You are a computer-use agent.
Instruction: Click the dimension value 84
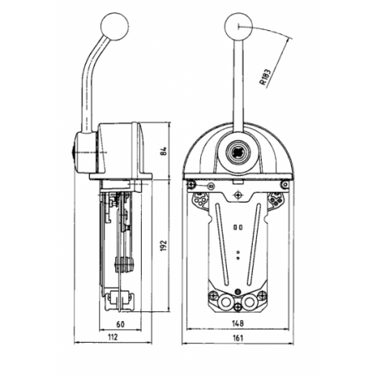(164, 150)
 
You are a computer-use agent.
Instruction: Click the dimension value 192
(164, 245)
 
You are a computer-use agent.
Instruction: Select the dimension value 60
(120, 324)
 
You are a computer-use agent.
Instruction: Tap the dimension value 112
(113, 337)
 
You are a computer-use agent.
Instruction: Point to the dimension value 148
(238, 324)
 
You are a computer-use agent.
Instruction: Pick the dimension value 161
(238, 338)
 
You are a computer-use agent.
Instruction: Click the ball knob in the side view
(115, 26)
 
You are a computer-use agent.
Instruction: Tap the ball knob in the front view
(238, 27)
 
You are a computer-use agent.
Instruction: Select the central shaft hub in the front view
(238, 152)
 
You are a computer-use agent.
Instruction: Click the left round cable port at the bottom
(224, 301)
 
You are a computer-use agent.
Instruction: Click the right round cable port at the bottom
(249, 301)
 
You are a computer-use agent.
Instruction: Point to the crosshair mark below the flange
(237, 194)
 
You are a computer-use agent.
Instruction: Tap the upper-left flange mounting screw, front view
(191, 184)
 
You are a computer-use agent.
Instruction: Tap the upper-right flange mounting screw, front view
(284, 184)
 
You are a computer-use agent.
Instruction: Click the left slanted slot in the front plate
(223, 244)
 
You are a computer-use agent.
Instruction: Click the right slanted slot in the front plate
(254, 244)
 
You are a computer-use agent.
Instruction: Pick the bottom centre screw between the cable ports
(237, 307)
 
